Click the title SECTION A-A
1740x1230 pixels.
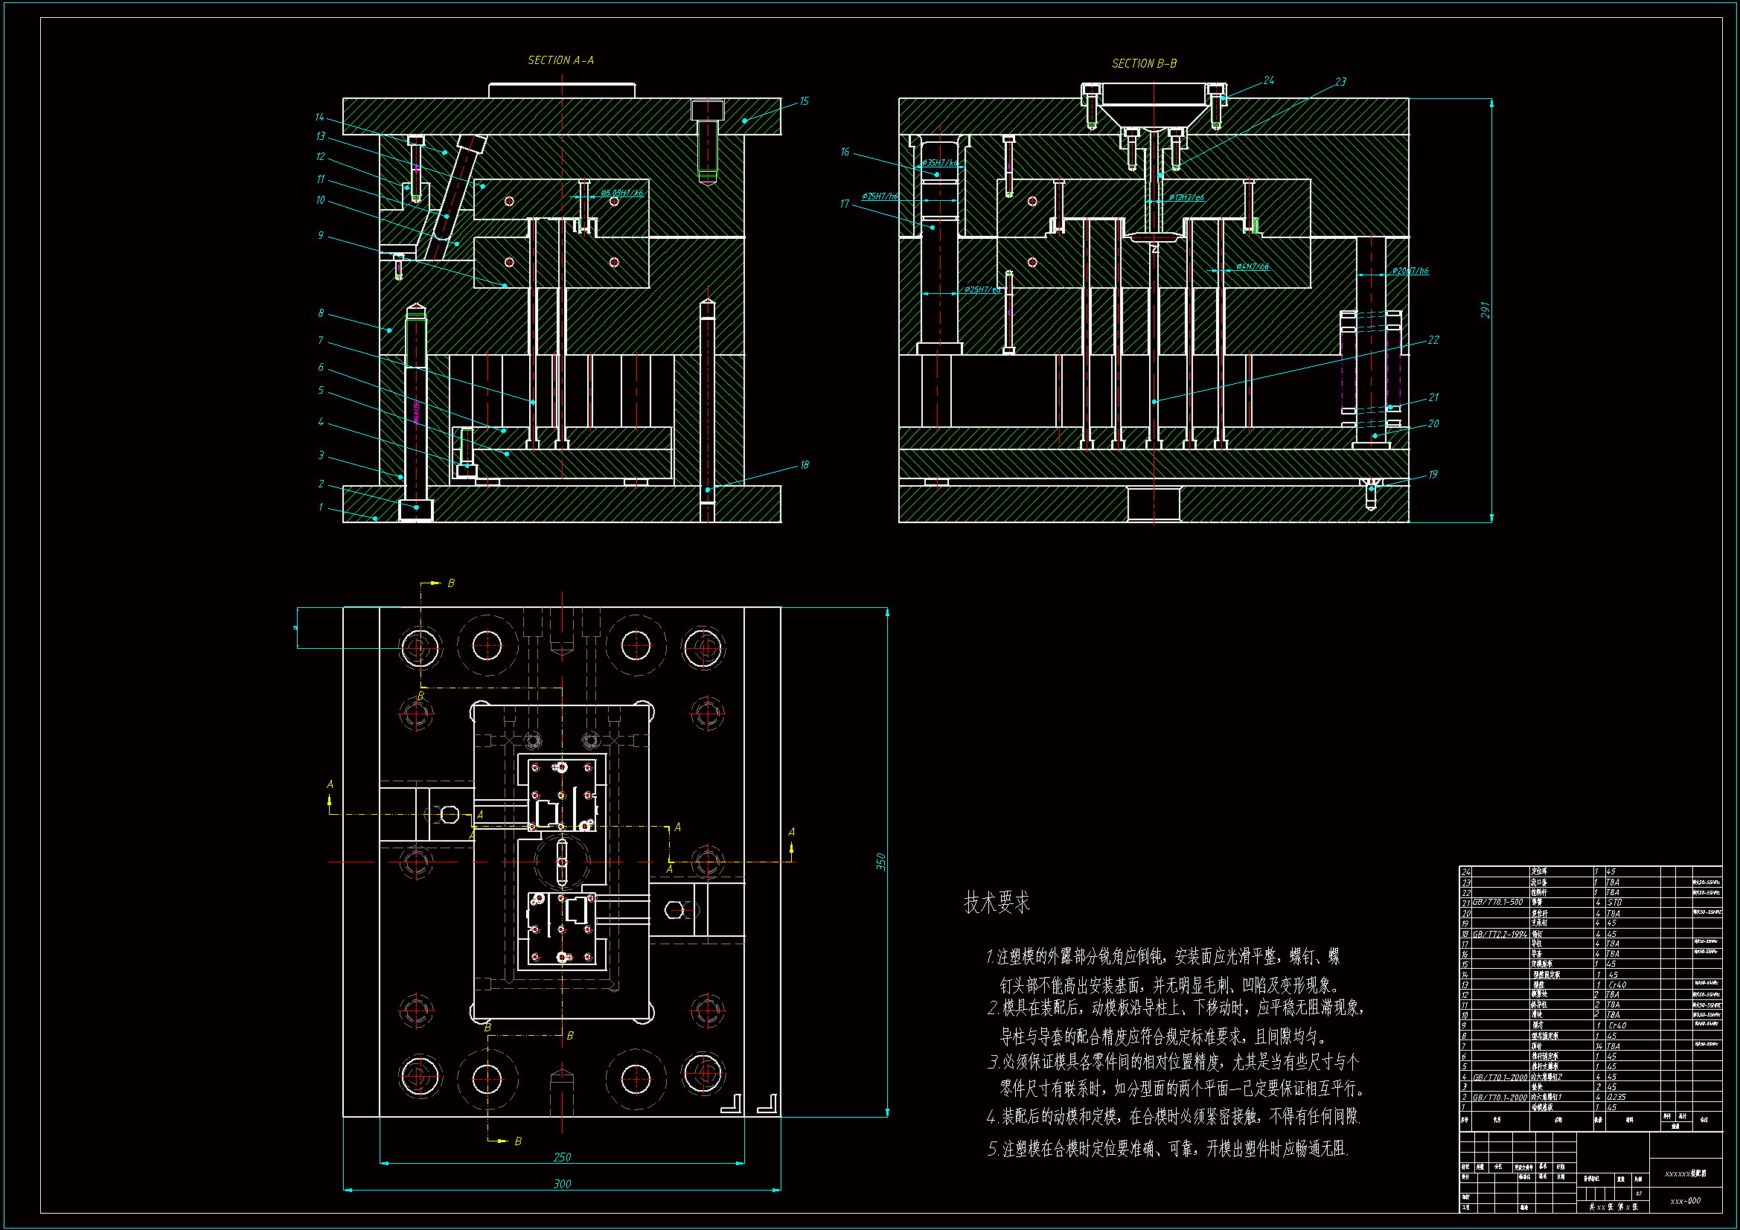pos(561,60)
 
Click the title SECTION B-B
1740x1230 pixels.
pos(1144,64)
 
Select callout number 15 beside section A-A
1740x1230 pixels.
pos(804,101)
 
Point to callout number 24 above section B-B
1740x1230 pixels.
pos(1269,80)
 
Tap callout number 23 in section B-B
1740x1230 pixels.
pos(1340,82)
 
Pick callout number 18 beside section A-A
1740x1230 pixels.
pos(804,464)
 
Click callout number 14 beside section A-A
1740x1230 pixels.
pos(319,118)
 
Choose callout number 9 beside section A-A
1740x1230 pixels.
pos(321,236)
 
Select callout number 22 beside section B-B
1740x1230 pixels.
pos(1433,340)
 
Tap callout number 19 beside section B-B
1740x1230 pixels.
pos(1433,475)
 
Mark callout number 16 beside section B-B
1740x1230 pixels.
pos(845,153)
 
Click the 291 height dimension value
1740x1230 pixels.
pos(1485,310)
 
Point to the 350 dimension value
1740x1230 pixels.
pos(880,861)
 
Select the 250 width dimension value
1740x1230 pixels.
pos(562,1157)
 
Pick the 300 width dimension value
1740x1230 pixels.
pos(562,1184)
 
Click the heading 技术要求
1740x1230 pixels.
pos(997,903)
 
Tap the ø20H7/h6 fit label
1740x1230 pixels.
pos(1410,271)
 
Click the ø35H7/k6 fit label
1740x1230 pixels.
pos(940,163)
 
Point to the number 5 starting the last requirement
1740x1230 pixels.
pos(992,1150)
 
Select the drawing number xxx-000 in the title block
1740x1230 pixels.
pos(1685,1200)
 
